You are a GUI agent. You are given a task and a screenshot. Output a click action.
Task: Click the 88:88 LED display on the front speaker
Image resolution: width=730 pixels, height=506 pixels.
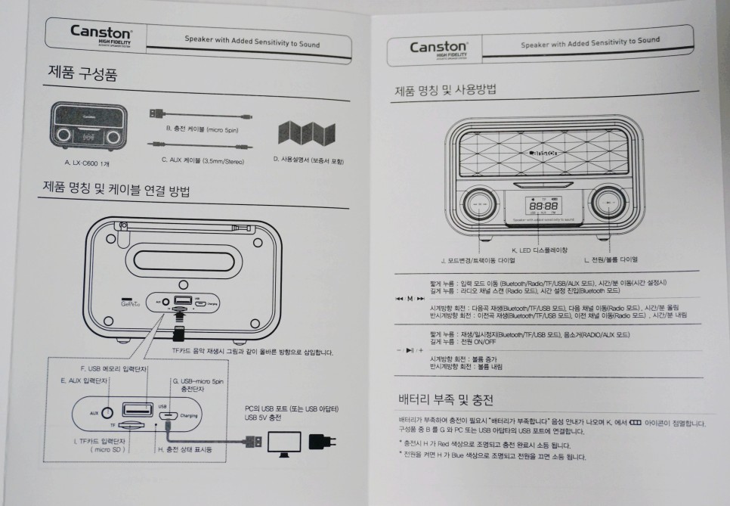click(543, 205)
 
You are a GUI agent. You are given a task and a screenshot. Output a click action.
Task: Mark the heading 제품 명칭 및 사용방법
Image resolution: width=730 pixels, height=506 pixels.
click(444, 91)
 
